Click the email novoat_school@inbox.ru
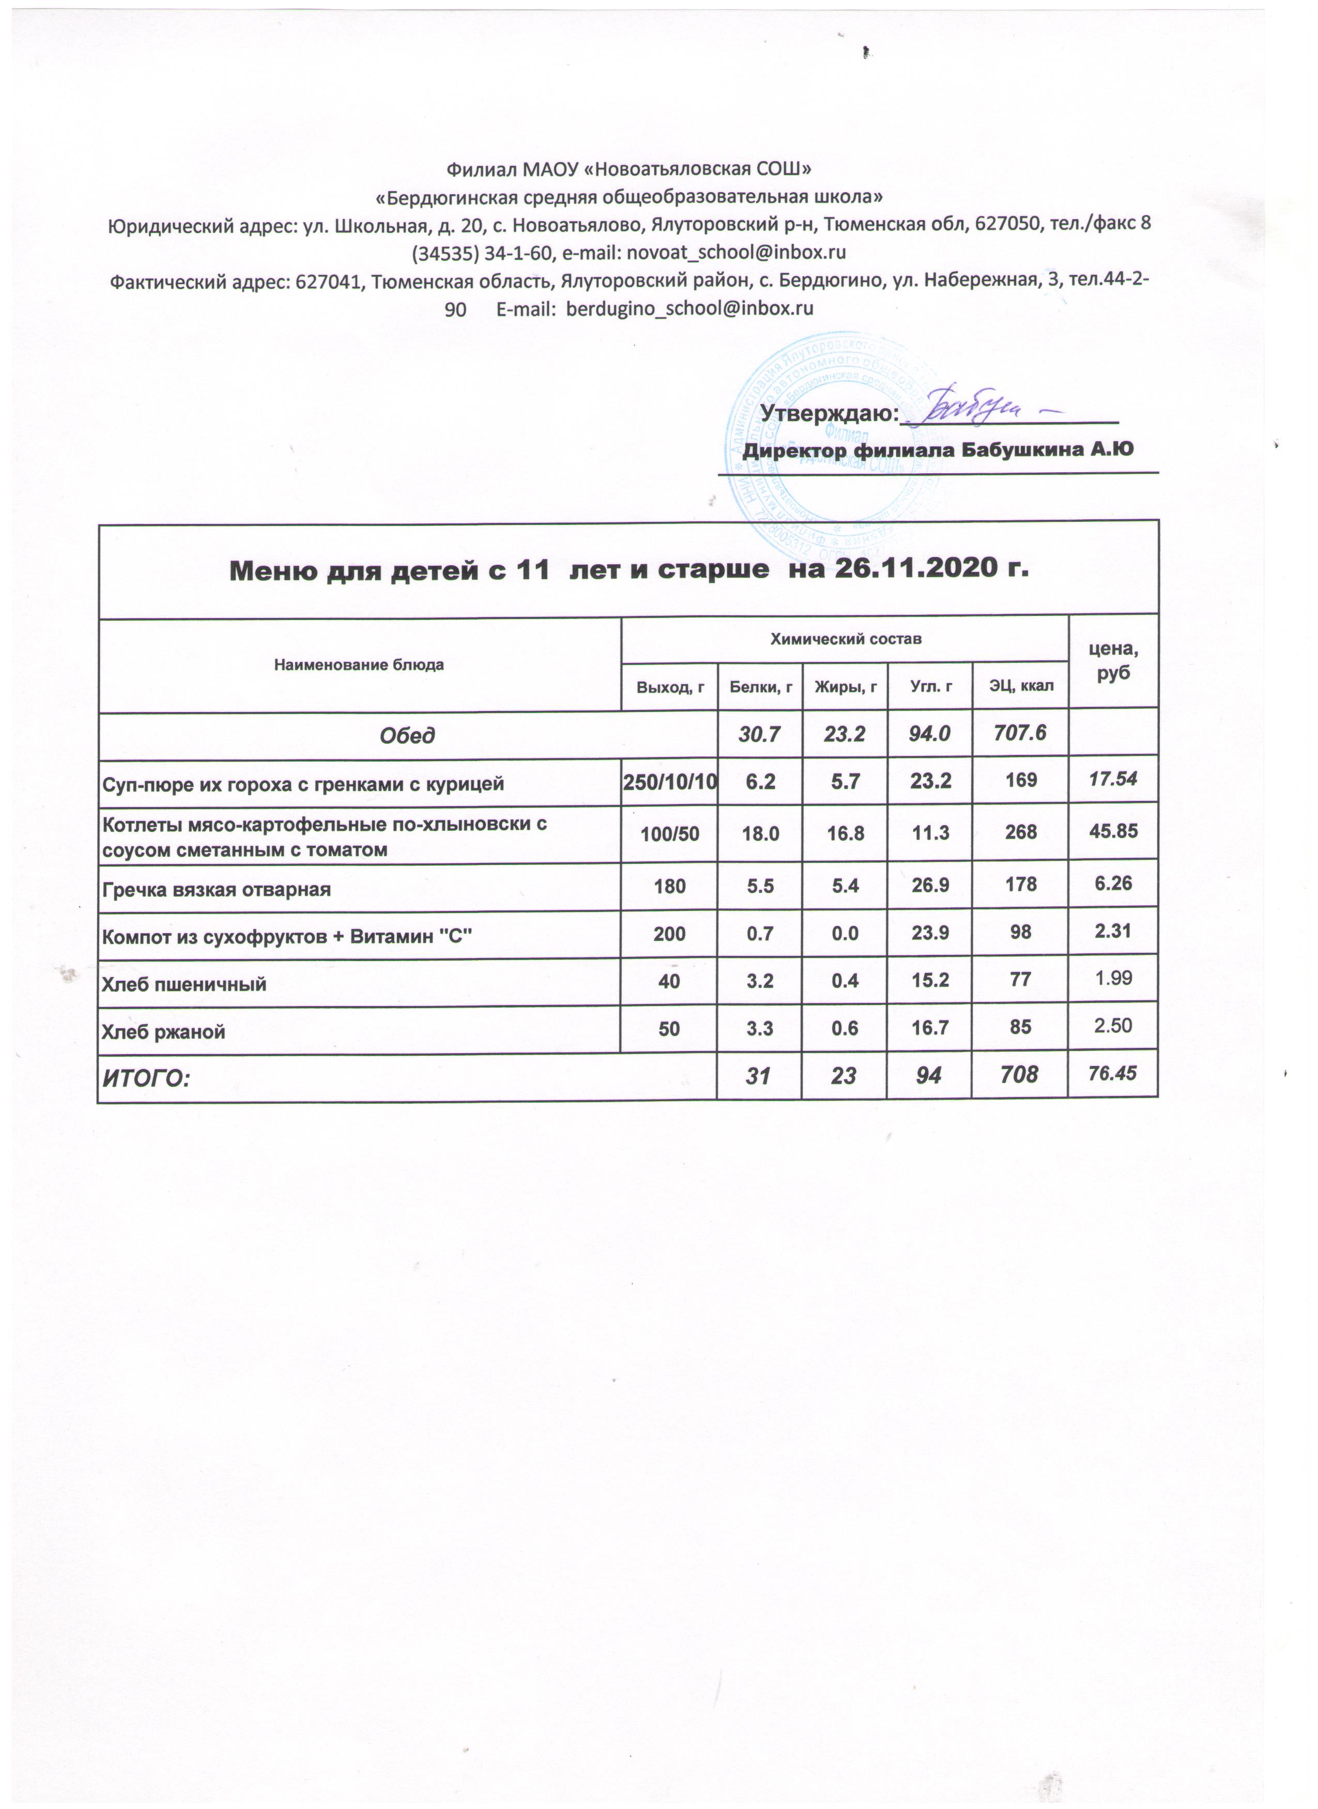737,253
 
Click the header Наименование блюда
359,664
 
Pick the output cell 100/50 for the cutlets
669,833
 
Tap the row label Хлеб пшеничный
183,984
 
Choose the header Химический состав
845,639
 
